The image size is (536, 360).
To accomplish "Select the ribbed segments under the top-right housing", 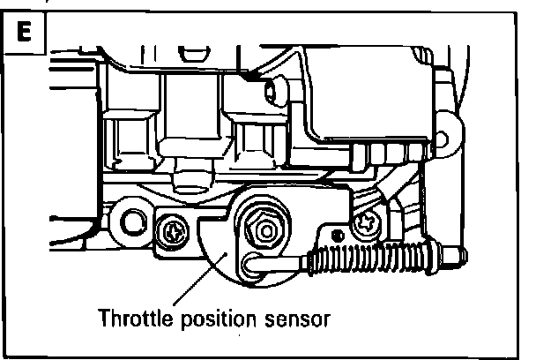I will pos(388,155).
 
